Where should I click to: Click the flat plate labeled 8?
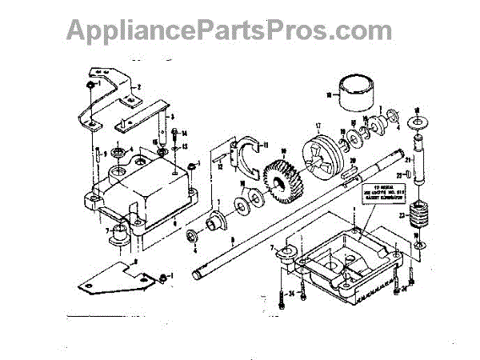tap(112, 274)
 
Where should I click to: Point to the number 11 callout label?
tap(267, 145)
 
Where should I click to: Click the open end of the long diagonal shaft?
tap(196, 276)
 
